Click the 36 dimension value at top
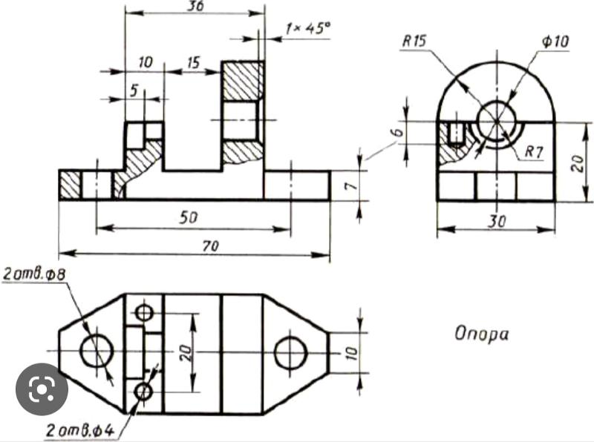pyautogui.click(x=196, y=6)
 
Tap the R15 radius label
pyautogui.click(x=414, y=42)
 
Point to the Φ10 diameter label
pyautogui.click(x=555, y=42)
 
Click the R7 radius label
pyautogui.click(x=535, y=151)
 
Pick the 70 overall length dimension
pyautogui.click(x=210, y=247)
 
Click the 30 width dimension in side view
pyautogui.click(x=497, y=220)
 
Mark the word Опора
pyautogui.click(x=482, y=334)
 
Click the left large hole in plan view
pyautogui.click(x=97, y=351)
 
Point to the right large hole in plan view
pyautogui.click(x=291, y=353)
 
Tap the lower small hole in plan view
pyautogui.click(x=144, y=391)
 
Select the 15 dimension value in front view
pyautogui.click(x=193, y=63)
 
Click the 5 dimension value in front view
pyautogui.click(x=134, y=89)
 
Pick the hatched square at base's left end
pyautogui.click(x=71, y=185)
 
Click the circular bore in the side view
pyautogui.click(x=496, y=121)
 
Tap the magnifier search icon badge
pyautogui.click(x=42, y=389)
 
